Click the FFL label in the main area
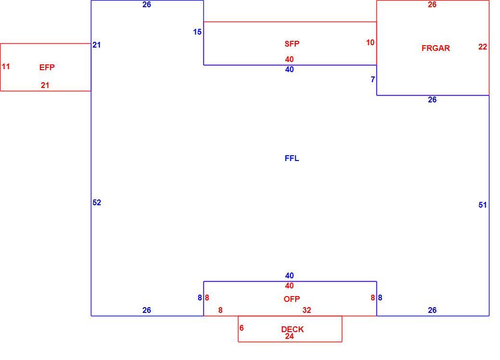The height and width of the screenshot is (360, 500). (x=292, y=159)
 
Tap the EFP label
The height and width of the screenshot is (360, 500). (x=47, y=67)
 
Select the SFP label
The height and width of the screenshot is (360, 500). (x=292, y=44)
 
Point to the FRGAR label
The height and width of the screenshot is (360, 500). (x=436, y=48)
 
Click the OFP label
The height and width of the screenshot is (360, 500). (x=292, y=299)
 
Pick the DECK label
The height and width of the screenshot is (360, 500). (x=292, y=329)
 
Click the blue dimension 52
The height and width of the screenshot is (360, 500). (x=97, y=202)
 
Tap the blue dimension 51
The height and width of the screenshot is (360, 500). (x=483, y=205)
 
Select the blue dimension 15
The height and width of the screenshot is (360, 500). (x=198, y=32)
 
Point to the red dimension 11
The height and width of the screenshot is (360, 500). (x=6, y=67)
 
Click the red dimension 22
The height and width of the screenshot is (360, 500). (x=483, y=47)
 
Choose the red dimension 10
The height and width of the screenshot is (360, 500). (x=370, y=42)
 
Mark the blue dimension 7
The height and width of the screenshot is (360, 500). (x=373, y=79)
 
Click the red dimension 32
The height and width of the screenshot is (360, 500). (x=307, y=310)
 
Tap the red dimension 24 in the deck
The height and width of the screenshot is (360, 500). (x=289, y=336)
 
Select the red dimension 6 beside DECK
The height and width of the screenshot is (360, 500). (x=241, y=328)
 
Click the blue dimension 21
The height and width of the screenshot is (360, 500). (x=97, y=45)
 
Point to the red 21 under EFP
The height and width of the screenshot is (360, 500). (x=45, y=85)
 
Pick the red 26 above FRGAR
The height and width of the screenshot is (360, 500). (x=432, y=4)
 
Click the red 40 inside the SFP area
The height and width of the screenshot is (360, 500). (x=289, y=59)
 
